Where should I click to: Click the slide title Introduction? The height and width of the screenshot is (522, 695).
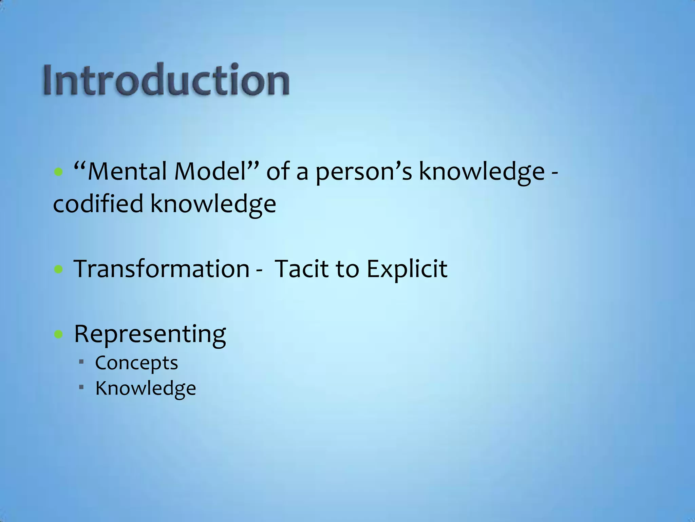pos(166,80)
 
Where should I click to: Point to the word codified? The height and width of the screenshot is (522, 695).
pos(98,204)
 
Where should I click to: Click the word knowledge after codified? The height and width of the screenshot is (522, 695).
pos(213,205)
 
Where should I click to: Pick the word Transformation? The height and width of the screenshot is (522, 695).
pos(162,269)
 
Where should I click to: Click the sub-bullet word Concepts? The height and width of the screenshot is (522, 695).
pos(136,363)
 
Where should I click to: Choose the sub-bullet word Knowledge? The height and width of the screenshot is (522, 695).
pos(146,388)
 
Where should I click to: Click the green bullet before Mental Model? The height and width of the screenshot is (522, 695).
pos(59,172)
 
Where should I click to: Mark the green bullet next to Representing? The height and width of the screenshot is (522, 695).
pos(59,335)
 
